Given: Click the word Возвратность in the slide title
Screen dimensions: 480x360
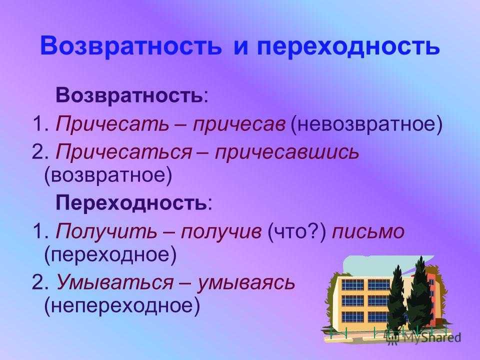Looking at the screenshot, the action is click(x=130, y=46).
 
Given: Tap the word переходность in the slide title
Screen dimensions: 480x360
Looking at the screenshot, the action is click(x=348, y=46).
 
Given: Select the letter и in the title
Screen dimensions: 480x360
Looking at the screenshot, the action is click(x=242, y=48).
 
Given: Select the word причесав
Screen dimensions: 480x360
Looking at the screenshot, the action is click(x=239, y=124).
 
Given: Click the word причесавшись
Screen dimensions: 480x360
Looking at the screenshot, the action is click(x=286, y=152).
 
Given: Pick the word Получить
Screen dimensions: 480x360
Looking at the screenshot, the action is click(x=106, y=231).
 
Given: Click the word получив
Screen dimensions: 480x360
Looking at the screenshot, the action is click(x=221, y=231).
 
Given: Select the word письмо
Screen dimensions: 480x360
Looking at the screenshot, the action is click(x=368, y=231).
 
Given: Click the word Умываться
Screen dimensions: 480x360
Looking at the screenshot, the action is click(x=114, y=282).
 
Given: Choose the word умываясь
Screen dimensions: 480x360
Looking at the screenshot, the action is click(x=245, y=282).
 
